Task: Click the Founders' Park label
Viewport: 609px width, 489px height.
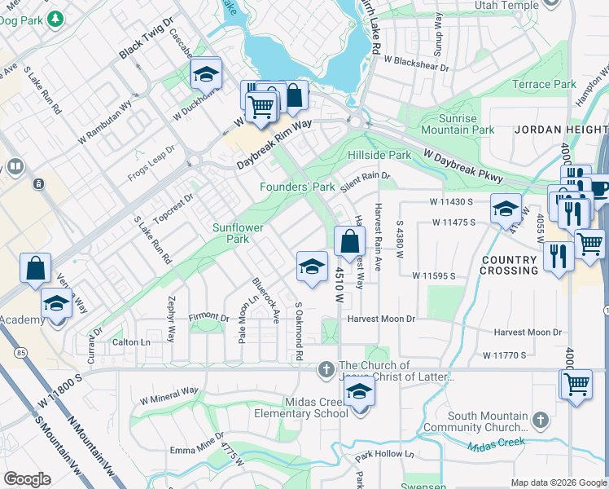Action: (x=297, y=187)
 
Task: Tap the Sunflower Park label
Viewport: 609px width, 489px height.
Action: (x=237, y=233)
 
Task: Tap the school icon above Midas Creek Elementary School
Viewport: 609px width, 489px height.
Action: (x=359, y=391)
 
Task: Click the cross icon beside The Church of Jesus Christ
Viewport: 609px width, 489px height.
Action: (x=326, y=371)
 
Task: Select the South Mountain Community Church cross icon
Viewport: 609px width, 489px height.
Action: (x=540, y=421)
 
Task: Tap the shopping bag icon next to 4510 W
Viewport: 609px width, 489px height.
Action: (x=349, y=241)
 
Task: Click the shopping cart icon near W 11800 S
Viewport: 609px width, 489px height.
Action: (x=576, y=383)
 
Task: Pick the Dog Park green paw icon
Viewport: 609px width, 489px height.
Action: (x=56, y=17)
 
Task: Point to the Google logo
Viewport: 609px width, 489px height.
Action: (x=27, y=479)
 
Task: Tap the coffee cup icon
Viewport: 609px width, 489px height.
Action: (x=600, y=190)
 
